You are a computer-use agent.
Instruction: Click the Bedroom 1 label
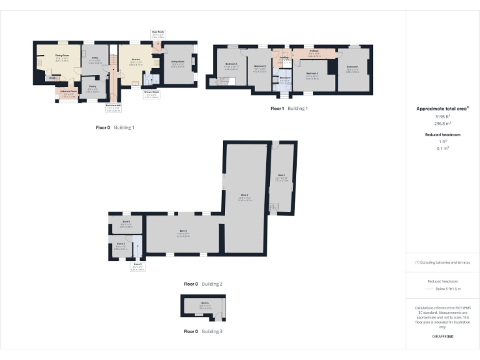pyautogui.click(x=352, y=68)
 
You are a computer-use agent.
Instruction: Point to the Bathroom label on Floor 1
pyautogui.click(x=285, y=79)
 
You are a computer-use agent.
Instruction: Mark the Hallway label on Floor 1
pyautogui.click(x=314, y=52)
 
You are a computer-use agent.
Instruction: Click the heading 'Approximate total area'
pyautogui.click(x=442, y=109)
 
